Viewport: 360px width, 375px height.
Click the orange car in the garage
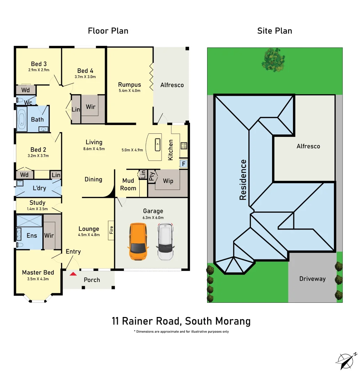point(138,241)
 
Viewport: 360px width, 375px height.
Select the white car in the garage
point(165,242)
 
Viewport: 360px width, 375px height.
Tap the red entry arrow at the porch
point(73,274)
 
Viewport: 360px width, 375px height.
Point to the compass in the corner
point(346,361)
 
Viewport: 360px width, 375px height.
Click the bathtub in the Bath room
point(22,119)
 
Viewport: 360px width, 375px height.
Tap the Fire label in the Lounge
point(111,230)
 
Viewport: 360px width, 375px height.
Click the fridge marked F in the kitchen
point(183,164)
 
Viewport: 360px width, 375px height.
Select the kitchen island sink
point(157,145)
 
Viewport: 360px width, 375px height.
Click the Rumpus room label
point(130,85)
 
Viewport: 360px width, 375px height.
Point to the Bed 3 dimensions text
point(39,70)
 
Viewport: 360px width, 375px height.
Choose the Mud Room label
point(128,184)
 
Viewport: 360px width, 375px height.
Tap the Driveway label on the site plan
point(312,279)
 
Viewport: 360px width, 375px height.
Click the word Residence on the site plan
point(243,180)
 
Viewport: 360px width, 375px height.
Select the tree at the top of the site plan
point(273,60)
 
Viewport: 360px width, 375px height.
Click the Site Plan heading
point(275,31)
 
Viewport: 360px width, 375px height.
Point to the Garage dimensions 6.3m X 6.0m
point(153,218)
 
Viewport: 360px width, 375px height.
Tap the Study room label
point(37,202)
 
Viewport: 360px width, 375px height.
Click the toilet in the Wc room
point(19,100)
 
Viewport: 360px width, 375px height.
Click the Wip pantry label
point(168,181)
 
